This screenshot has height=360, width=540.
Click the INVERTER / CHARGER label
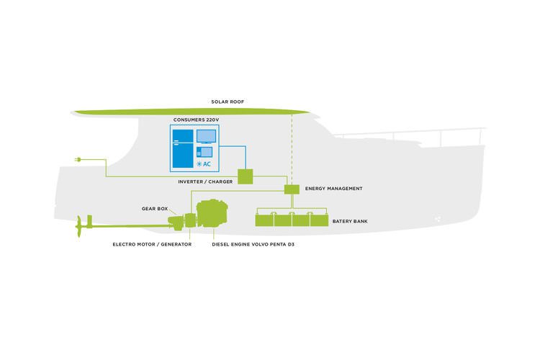click(205, 181)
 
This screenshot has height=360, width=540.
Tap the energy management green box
click(292, 189)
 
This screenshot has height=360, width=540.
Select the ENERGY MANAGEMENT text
click(333, 189)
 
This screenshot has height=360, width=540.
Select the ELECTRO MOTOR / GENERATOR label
click(152, 244)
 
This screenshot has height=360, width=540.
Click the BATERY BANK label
click(350, 221)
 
